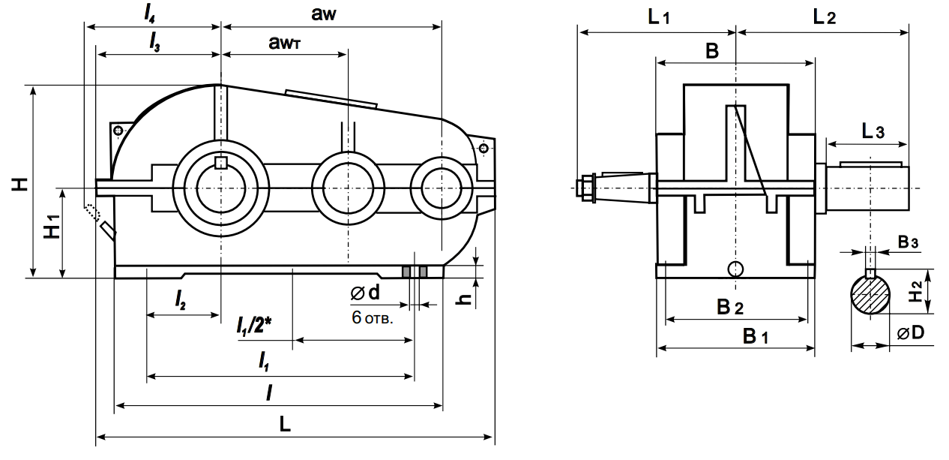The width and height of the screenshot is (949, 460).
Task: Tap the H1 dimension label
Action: click(52, 227)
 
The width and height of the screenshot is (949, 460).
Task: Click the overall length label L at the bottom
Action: click(285, 425)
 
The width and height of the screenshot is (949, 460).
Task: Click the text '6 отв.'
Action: click(373, 317)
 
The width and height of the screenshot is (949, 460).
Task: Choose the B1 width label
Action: click(756, 337)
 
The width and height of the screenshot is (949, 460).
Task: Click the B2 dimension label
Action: click(729, 307)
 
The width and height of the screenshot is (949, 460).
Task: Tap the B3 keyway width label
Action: click(909, 242)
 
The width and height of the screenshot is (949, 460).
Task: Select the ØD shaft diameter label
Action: click(910, 332)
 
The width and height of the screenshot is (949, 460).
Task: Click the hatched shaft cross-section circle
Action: click(870, 295)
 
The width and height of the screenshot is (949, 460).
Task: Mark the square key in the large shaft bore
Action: click(220, 162)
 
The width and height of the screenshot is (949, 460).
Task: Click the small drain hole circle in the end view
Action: click(736, 268)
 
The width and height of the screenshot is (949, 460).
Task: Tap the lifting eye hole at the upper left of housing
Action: click(118, 131)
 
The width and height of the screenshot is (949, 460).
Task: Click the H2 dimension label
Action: click(915, 291)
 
